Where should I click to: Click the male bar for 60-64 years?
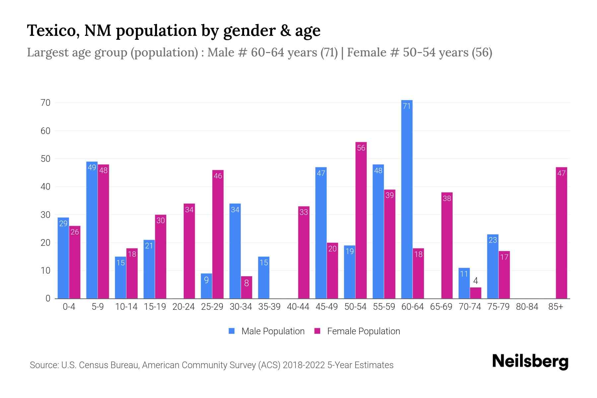pos(407,199)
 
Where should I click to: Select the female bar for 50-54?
pos(361,221)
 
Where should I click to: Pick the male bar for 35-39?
pos(264,278)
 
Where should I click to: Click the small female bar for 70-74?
pos(475,293)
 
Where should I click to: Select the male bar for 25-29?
pos(206,286)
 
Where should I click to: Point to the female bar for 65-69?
pos(447,245)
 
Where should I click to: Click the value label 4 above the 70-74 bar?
pos(475,281)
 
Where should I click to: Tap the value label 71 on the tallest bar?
pos(407,106)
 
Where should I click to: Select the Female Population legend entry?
pos(357,331)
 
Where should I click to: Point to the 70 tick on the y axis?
pos(45,103)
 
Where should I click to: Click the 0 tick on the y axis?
pos(48,298)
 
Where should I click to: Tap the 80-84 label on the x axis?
pos(527,307)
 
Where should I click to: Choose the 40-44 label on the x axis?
pos(298,307)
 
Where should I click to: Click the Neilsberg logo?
pos(530,362)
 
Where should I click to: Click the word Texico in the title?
pos(53,31)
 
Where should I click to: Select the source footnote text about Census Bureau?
pos(211,365)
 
